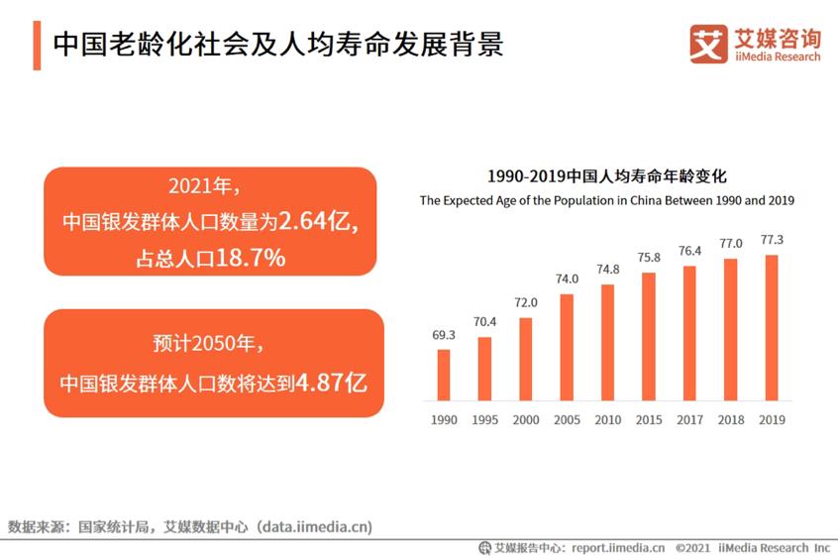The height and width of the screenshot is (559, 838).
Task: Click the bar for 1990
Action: click(x=444, y=374)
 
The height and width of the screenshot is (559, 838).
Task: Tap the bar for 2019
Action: click(x=772, y=326)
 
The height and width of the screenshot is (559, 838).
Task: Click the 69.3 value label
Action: click(x=444, y=335)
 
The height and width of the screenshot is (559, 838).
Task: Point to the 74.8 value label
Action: click(x=608, y=269)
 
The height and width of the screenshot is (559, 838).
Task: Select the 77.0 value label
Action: click(x=731, y=243)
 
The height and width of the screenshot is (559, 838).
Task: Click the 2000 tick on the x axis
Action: click(x=526, y=420)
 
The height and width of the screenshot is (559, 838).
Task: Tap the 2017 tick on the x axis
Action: click(x=689, y=420)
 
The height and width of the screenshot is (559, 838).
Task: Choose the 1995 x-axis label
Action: click(x=484, y=420)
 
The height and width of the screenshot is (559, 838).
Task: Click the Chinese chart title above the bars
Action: click(x=607, y=177)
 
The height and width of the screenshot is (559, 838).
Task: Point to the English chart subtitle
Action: click(x=607, y=200)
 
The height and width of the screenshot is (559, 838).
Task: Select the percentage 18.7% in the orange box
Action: click(x=252, y=258)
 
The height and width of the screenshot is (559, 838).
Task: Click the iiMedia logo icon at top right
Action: click(x=708, y=45)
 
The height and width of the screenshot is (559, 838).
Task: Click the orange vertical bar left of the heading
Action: click(x=37, y=46)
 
